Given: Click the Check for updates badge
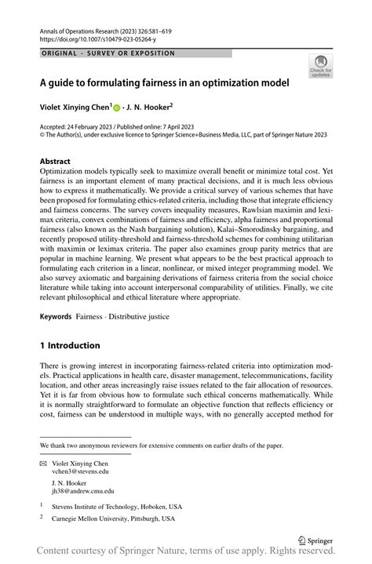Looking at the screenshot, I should (319, 66).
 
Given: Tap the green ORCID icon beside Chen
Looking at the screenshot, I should (118, 108).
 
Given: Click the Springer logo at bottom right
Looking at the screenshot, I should (315, 540).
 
